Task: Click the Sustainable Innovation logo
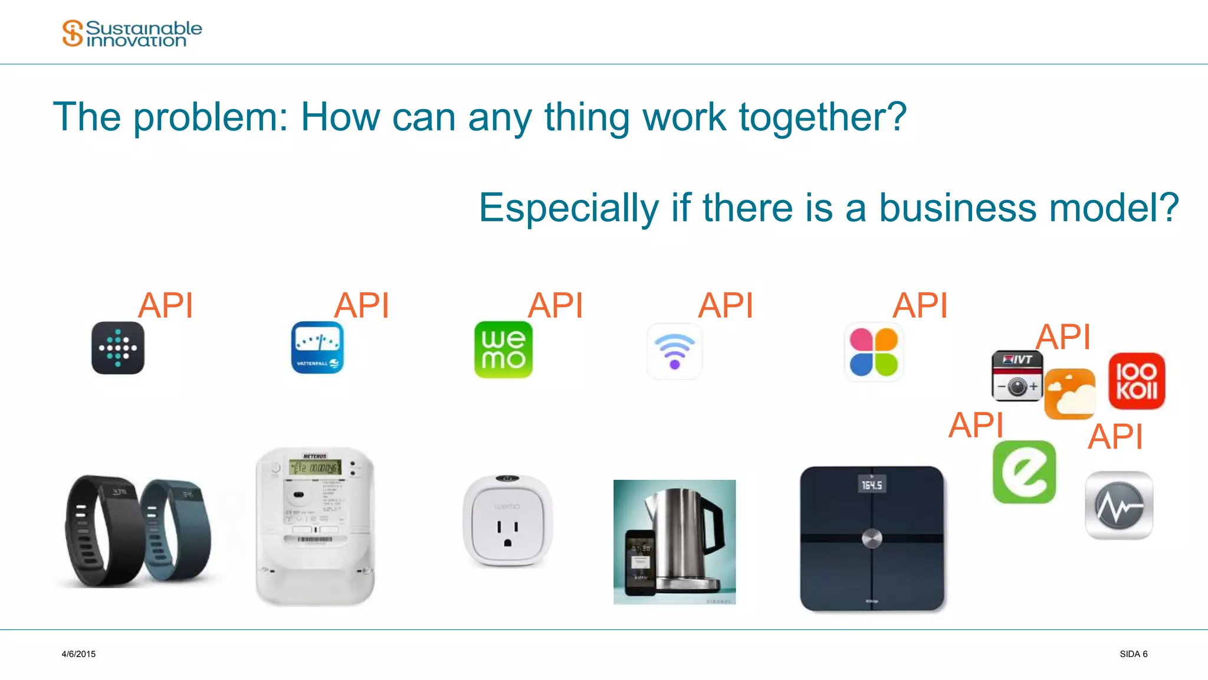pos(132,34)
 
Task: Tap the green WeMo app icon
pos(503,349)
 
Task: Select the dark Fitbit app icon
pos(118,348)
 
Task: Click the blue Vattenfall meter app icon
pos(317,348)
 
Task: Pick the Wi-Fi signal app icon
pos(675,351)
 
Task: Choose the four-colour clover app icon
pos(874,352)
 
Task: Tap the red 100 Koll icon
pos(1137,381)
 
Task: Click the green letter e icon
pos(1024,472)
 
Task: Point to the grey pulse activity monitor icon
pos(1119,505)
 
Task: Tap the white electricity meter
pos(315,525)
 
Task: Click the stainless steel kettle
pos(684,537)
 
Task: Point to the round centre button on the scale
pos(872,538)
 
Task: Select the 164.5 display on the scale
pos(872,485)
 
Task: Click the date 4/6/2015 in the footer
pos(78,654)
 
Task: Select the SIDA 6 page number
pos(1133,654)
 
